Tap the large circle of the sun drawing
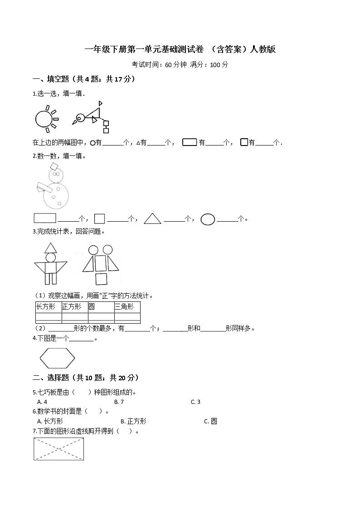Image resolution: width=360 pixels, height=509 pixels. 44,119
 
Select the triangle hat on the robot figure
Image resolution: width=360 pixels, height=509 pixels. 50,247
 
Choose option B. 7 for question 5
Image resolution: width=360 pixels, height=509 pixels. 119,402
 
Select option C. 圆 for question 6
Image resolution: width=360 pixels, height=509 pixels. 210,421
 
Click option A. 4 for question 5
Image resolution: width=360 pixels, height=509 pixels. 42,402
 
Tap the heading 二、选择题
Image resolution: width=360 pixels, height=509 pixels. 86,378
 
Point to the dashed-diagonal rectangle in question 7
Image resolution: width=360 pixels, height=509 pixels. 59,449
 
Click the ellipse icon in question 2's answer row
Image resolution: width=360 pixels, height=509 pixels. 208,219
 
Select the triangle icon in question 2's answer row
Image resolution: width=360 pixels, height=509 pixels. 153,219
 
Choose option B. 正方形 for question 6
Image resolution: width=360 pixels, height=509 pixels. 134,421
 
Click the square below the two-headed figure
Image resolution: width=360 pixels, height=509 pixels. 101,278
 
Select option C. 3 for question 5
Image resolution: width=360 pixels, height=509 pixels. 195,402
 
